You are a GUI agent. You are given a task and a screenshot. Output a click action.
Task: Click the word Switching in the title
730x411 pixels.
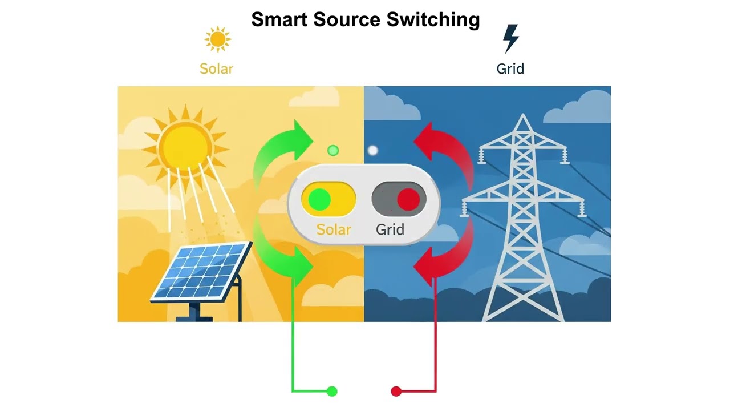pos(433,21)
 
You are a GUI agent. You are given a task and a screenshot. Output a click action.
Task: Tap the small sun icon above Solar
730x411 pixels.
pos(217,39)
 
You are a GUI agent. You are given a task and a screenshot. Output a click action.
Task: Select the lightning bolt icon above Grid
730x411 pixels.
pos(510,38)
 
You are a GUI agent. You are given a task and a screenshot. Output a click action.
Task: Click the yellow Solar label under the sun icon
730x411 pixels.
pos(216,69)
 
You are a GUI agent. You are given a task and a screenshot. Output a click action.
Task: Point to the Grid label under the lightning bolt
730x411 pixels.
pos(510,69)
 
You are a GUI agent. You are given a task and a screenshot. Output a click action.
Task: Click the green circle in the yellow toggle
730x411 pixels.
pos(319,200)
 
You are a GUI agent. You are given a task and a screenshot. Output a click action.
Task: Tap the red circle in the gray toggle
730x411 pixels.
pos(408,200)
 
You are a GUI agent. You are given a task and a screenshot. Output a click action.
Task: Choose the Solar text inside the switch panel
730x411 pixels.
pos(334,229)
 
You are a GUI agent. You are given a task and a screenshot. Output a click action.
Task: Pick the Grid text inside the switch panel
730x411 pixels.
pos(390,229)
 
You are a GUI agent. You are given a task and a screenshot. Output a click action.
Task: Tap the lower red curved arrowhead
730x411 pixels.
pos(426,266)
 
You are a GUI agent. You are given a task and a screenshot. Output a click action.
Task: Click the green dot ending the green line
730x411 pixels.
pos(332,391)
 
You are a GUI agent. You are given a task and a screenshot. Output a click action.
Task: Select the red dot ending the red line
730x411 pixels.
pos(396,391)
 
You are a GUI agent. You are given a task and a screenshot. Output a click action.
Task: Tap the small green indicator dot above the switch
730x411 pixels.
pos(333,151)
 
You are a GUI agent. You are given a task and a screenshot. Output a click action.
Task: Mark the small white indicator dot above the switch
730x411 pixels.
pos(372,151)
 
